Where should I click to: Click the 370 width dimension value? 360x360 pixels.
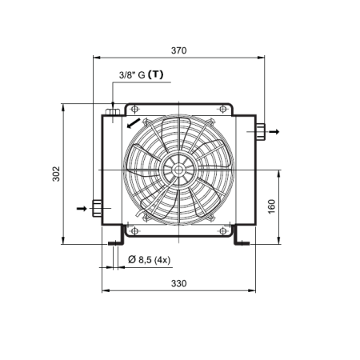point(178,50)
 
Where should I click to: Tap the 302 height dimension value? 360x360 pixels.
point(56,174)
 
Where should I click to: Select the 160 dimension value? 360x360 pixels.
point(271,206)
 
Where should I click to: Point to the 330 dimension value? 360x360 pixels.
point(178,283)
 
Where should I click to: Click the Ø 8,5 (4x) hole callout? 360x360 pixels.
point(149,259)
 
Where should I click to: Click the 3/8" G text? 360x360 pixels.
point(132,75)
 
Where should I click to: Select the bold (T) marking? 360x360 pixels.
point(155,74)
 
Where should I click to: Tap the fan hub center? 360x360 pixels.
point(178,170)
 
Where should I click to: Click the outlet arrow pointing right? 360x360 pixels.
point(274,132)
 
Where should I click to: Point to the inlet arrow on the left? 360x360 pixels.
point(82,208)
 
